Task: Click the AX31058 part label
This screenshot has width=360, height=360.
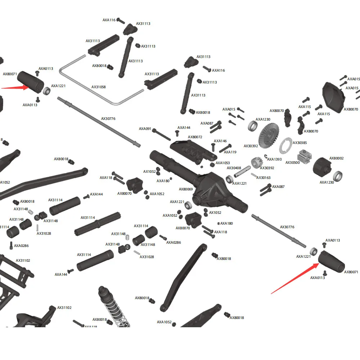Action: pyautogui.click(x=99, y=87)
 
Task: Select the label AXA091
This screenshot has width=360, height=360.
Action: pyautogui.click(x=145, y=129)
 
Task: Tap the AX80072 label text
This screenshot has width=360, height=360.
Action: pyautogui.click(x=195, y=137)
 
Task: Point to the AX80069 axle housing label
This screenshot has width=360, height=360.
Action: pyautogui.click(x=186, y=189)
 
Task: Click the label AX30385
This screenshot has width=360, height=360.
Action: pyautogui.click(x=300, y=143)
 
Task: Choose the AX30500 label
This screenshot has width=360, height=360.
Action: pyautogui.click(x=292, y=163)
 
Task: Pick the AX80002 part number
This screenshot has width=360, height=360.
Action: pyautogui.click(x=337, y=158)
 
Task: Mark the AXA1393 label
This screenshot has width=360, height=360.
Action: pyautogui.click(x=274, y=159)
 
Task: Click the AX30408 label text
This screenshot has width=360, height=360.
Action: pyautogui.click(x=234, y=168)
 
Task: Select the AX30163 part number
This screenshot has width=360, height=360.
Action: pyautogui.click(x=264, y=178)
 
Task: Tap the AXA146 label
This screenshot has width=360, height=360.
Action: pyautogui.click(x=220, y=141)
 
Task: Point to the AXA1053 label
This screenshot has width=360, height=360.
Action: pyautogui.click(x=222, y=163)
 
